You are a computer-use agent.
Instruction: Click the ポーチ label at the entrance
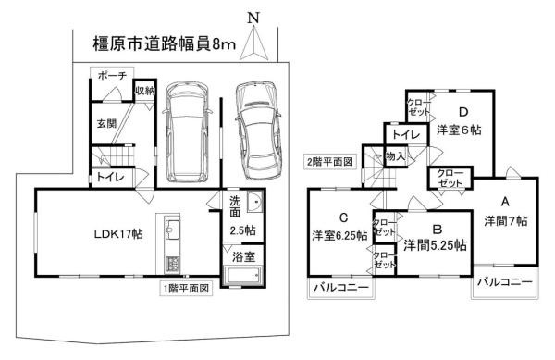(113, 77)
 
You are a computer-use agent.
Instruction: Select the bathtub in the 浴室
(243, 278)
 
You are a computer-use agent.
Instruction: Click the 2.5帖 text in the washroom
(243, 230)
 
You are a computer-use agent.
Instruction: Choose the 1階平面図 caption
(189, 288)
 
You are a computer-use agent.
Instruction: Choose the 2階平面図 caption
(331, 161)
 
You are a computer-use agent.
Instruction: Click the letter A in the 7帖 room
(505, 200)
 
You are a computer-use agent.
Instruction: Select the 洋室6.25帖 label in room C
(339, 235)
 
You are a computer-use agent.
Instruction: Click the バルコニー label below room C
(339, 290)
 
